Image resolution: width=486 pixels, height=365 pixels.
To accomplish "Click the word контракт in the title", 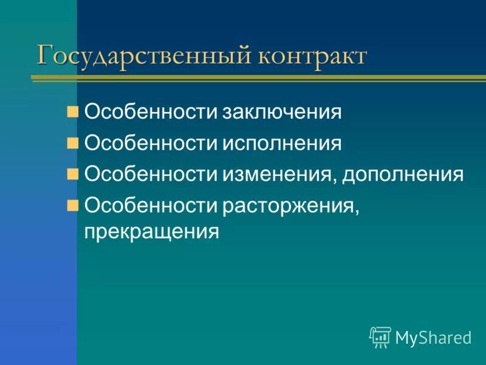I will pyautogui.click(x=312, y=55).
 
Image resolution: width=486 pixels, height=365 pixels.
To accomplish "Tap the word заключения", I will pyautogui.click(x=281, y=112).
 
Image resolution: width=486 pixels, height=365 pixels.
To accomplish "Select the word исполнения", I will pyautogui.click(x=281, y=144).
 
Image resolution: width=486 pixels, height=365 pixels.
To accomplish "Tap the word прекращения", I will pyautogui.click(x=151, y=231).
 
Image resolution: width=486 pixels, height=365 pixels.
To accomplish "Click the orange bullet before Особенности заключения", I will pyautogui.click(x=73, y=111).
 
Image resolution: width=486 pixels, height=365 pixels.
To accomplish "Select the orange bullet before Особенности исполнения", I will pyautogui.click(x=73, y=143).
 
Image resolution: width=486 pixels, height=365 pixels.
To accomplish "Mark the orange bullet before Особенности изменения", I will pyautogui.click(x=73, y=175).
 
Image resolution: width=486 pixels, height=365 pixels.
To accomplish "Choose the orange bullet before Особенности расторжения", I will pyautogui.click(x=73, y=205).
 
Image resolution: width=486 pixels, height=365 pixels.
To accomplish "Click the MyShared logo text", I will pyautogui.click(x=433, y=338).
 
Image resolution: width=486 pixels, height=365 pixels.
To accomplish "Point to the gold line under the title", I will pyautogui.click(x=255, y=78).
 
